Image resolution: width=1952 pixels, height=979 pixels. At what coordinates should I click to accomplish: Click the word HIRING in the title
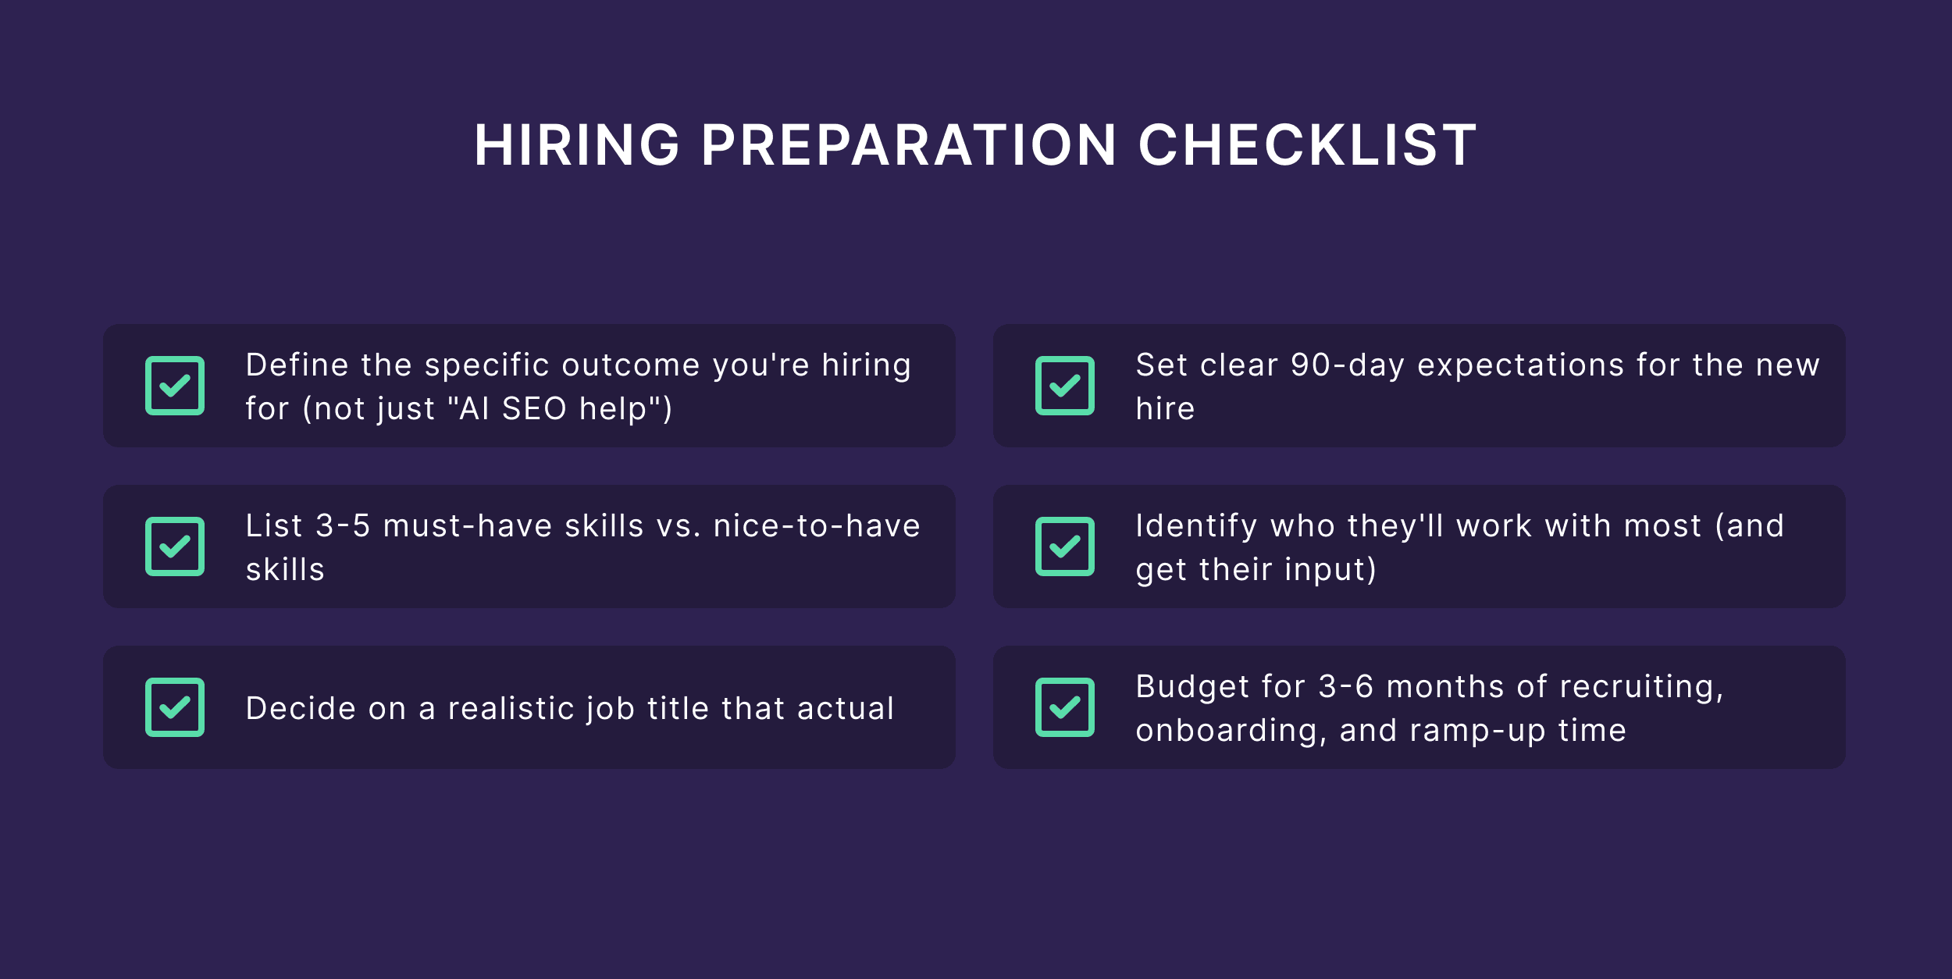pyautogui.click(x=577, y=146)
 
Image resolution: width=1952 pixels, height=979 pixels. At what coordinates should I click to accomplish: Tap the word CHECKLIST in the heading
pyautogui.click(x=1307, y=146)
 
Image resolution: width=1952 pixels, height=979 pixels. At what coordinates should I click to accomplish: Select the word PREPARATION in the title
pyautogui.click(x=909, y=146)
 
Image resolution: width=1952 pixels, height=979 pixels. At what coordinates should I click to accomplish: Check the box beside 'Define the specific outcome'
pyautogui.click(x=175, y=386)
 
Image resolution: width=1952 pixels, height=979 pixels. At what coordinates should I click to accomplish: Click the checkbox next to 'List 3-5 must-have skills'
pyautogui.click(x=175, y=546)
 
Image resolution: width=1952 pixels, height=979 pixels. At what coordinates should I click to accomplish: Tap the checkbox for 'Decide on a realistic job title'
pyautogui.click(x=175, y=707)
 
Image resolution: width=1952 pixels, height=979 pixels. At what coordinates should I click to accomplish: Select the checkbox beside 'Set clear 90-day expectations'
pyautogui.click(x=1065, y=386)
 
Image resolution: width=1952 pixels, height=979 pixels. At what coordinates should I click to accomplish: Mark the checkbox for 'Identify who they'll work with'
pyautogui.click(x=1065, y=546)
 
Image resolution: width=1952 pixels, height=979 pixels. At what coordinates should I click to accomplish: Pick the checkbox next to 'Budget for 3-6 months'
pyautogui.click(x=1065, y=707)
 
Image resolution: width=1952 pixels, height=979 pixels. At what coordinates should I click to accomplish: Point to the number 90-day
pyautogui.click(x=1348, y=365)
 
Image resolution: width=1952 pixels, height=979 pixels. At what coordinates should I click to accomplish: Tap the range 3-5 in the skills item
pyautogui.click(x=343, y=526)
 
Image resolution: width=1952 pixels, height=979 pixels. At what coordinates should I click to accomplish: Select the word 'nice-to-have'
pyautogui.click(x=817, y=526)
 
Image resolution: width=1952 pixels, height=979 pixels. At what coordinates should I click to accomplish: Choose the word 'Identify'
pyautogui.click(x=1196, y=526)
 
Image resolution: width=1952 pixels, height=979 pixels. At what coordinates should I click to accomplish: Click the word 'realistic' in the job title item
pyautogui.click(x=511, y=709)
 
